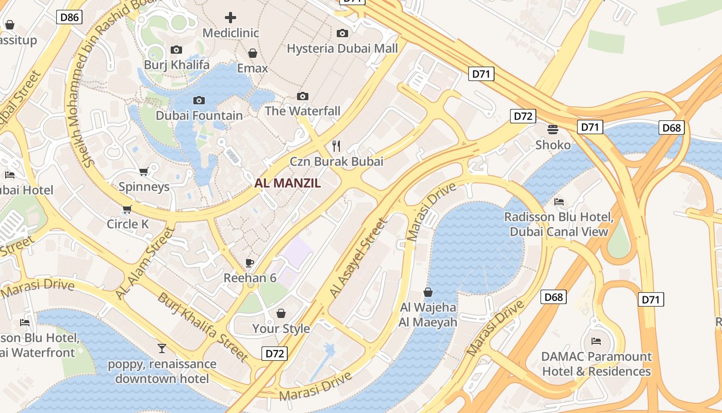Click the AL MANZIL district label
click(x=288, y=183)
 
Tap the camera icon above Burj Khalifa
click(x=176, y=50)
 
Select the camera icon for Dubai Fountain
click(x=199, y=100)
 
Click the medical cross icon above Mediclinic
click(x=231, y=18)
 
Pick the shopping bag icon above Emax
click(x=253, y=53)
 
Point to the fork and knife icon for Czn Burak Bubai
click(x=336, y=146)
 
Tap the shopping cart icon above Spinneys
click(x=144, y=171)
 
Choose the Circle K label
click(x=127, y=224)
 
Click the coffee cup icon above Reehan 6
click(x=250, y=263)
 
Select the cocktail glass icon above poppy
click(x=162, y=348)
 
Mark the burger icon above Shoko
click(x=553, y=129)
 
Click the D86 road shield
click(x=70, y=18)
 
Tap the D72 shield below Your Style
click(x=274, y=354)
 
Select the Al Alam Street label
click(x=146, y=263)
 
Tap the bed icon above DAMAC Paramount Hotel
click(x=596, y=341)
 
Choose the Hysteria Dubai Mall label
click(x=342, y=49)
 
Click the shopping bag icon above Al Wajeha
click(x=428, y=292)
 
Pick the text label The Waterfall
click(x=303, y=111)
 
